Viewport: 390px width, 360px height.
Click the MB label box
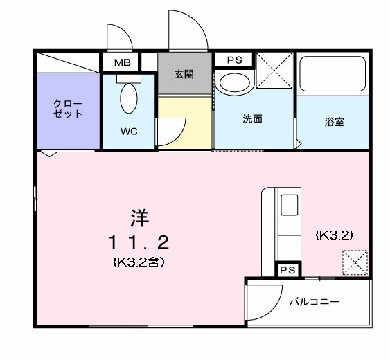click(122, 62)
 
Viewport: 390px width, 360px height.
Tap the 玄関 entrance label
click(184, 75)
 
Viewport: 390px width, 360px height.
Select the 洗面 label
click(252, 119)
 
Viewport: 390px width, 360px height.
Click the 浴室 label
click(334, 122)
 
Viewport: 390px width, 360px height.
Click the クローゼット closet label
click(68, 109)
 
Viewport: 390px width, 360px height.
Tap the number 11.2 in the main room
click(138, 243)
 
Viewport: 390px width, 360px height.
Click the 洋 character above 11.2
click(138, 217)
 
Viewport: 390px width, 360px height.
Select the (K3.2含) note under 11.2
click(138, 262)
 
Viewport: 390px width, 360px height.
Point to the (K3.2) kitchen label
click(335, 235)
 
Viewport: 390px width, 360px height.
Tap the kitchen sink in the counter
click(288, 205)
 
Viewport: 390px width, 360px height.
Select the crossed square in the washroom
click(274, 70)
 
